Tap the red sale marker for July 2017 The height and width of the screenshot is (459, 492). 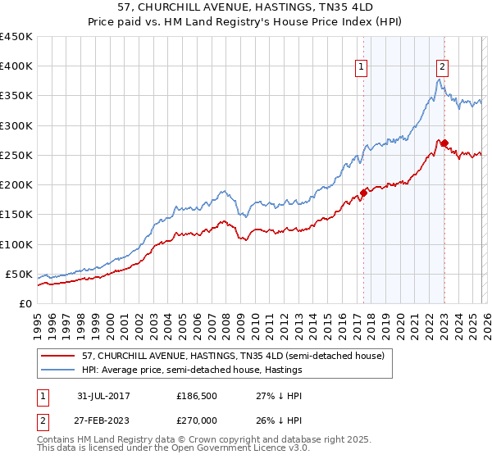(x=363, y=193)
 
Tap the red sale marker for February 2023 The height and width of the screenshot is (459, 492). (x=444, y=143)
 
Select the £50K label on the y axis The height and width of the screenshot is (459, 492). (x=19, y=274)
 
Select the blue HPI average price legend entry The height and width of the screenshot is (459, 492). (x=192, y=370)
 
